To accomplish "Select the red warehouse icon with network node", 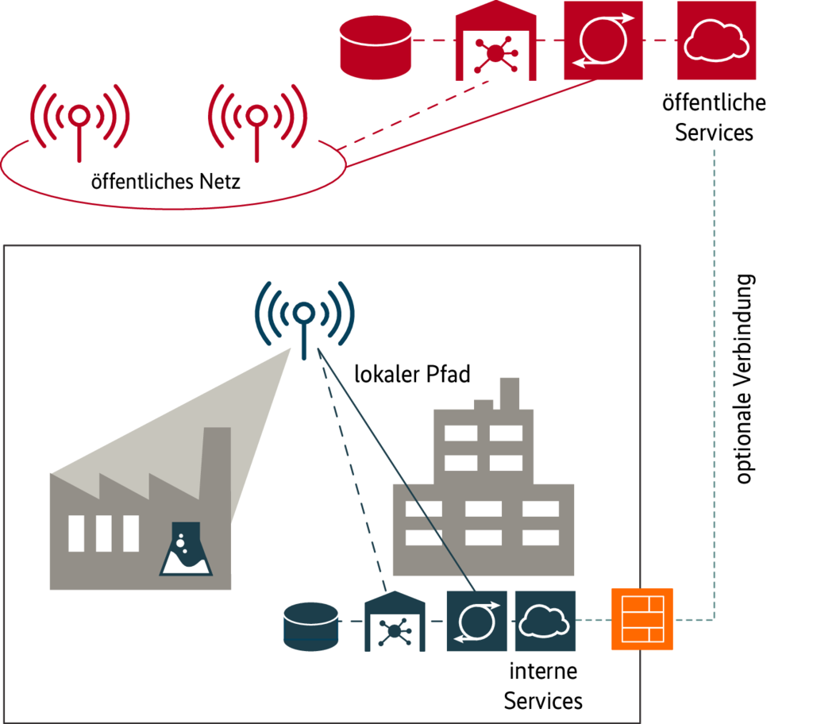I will coord(495,44).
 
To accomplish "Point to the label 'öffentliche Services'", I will coord(715,117).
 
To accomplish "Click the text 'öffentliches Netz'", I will coord(166,182).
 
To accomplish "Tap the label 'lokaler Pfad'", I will coord(413,374).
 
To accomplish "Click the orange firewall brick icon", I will coord(642,618).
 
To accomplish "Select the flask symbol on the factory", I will coord(187,549).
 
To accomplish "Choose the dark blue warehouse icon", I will coord(395,622).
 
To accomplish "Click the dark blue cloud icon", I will coord(544,620).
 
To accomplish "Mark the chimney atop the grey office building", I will coord(509,392).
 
